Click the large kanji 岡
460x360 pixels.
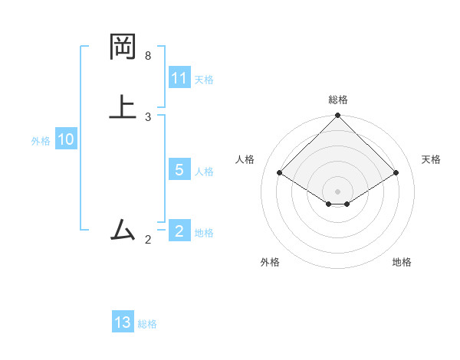(123, 47)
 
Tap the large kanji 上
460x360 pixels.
(123, 106)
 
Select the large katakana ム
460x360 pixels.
(123, 229)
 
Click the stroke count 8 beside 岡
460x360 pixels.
(148, 56)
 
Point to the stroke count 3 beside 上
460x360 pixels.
(148, 116)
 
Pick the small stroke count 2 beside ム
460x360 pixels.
(148, 240)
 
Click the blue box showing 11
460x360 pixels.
(179, 78)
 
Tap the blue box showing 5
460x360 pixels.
(179, 170)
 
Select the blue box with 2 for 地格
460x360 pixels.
(179, 231)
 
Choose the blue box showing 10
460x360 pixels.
(66, 139)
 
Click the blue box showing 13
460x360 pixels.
(123, 322)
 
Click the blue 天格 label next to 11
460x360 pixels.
(204, 80)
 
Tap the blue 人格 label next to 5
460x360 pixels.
(204, 172)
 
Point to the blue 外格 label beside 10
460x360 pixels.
(41, 141)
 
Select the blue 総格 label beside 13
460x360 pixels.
(147, 324)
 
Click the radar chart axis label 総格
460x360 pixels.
(338, 100)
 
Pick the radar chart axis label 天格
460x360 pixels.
(432, 159)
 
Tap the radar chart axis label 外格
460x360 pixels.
(270, 262)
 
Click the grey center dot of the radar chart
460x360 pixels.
(338, 191)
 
